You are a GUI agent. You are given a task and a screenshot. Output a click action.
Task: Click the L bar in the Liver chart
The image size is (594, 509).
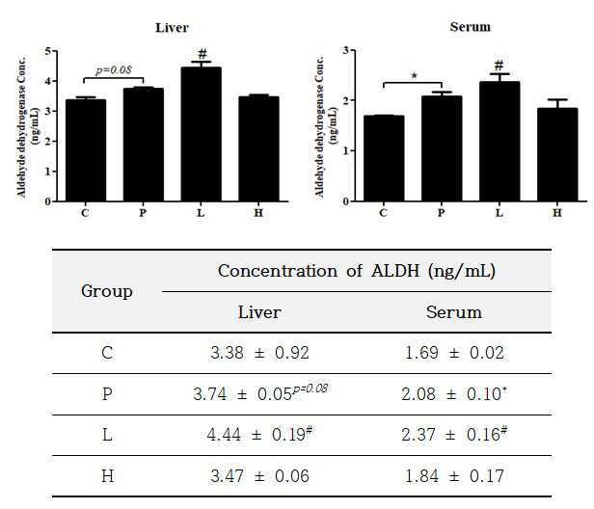coord(202,135)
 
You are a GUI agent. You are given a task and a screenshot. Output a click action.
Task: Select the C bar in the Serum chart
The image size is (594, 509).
coord(383,158)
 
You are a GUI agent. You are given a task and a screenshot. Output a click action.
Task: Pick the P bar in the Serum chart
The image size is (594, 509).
coord(441,149)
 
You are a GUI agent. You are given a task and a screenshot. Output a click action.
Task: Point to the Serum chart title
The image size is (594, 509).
coord(470,26)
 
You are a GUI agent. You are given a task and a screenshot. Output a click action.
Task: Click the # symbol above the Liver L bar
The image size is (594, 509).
coord(202,54)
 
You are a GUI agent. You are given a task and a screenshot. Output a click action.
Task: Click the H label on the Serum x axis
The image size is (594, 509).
coord(556,211)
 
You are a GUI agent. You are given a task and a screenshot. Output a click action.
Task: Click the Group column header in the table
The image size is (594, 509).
coord(107,290)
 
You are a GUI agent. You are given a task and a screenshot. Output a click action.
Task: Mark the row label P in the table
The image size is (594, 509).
coord(107,394)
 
